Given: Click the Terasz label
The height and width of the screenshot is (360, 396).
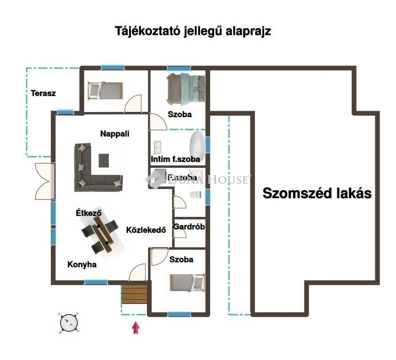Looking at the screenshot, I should tap(43, 93).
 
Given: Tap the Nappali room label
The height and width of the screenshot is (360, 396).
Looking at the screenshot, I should tap(114, 134).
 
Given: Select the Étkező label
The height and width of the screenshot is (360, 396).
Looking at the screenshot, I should tap(89, 213).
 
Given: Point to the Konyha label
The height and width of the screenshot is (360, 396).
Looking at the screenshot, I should tap(82, 264).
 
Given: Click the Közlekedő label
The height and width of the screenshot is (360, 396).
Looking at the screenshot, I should tap(146, 230).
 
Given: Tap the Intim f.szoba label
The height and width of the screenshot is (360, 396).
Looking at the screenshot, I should tap(175, 159).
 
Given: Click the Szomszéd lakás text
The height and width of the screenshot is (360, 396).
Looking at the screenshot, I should tap(317, 193).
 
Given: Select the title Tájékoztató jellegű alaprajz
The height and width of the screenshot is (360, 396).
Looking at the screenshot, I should tap(193, 31).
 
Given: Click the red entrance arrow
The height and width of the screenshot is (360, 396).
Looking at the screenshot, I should tap(136, 327).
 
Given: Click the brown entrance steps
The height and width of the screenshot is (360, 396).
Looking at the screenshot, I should tap(134, 295).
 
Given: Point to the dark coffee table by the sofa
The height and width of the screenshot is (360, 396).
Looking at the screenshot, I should tap(104, 160).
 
